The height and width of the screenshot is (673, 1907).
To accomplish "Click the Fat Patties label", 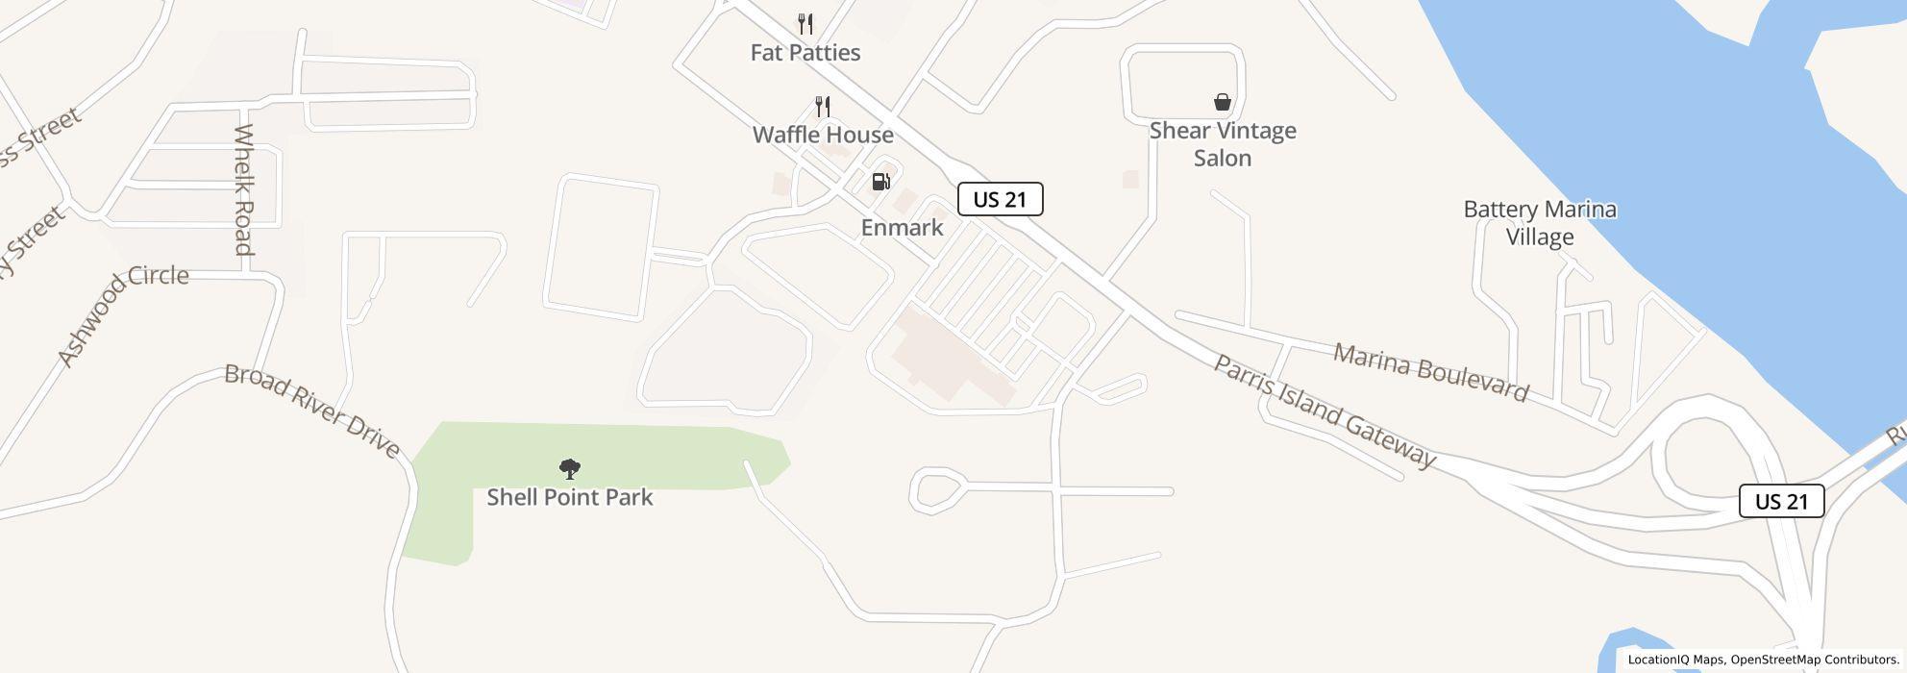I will click(x=805, y=53).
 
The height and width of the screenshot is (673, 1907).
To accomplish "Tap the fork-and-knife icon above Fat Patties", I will click(x=805, y=24).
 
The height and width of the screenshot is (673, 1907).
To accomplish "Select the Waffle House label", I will click(x=823, y=135).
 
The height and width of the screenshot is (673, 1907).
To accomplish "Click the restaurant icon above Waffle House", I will click(x=823, y=106).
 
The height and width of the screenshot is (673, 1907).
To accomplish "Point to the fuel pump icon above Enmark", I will click(x=880, y=181).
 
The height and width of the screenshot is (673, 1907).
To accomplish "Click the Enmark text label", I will click(x=902, y=228).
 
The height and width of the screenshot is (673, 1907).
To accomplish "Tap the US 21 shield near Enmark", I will click(x=1000, y=200).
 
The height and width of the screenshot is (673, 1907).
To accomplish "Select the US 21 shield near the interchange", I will click(x=1781, y=502).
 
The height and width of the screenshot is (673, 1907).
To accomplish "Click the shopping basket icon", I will click(x=1223, y=102).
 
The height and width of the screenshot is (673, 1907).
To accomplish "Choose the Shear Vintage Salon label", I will click(x=1223, y=144).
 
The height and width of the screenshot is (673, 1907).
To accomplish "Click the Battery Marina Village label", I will click(x=1540, y=223).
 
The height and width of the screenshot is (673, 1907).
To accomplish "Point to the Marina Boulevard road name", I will click(x=1430, y=372).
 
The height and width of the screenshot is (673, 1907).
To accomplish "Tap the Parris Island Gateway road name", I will click(x=1325, y=411).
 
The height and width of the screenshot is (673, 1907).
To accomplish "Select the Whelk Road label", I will click(x=243, y=189).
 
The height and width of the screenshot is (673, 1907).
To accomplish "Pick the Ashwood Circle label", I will click(x=122, y=317).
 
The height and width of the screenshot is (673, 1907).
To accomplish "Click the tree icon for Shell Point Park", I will click(x=570, y=469).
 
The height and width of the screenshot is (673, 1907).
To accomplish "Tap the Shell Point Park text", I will click(x=570, y=498).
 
